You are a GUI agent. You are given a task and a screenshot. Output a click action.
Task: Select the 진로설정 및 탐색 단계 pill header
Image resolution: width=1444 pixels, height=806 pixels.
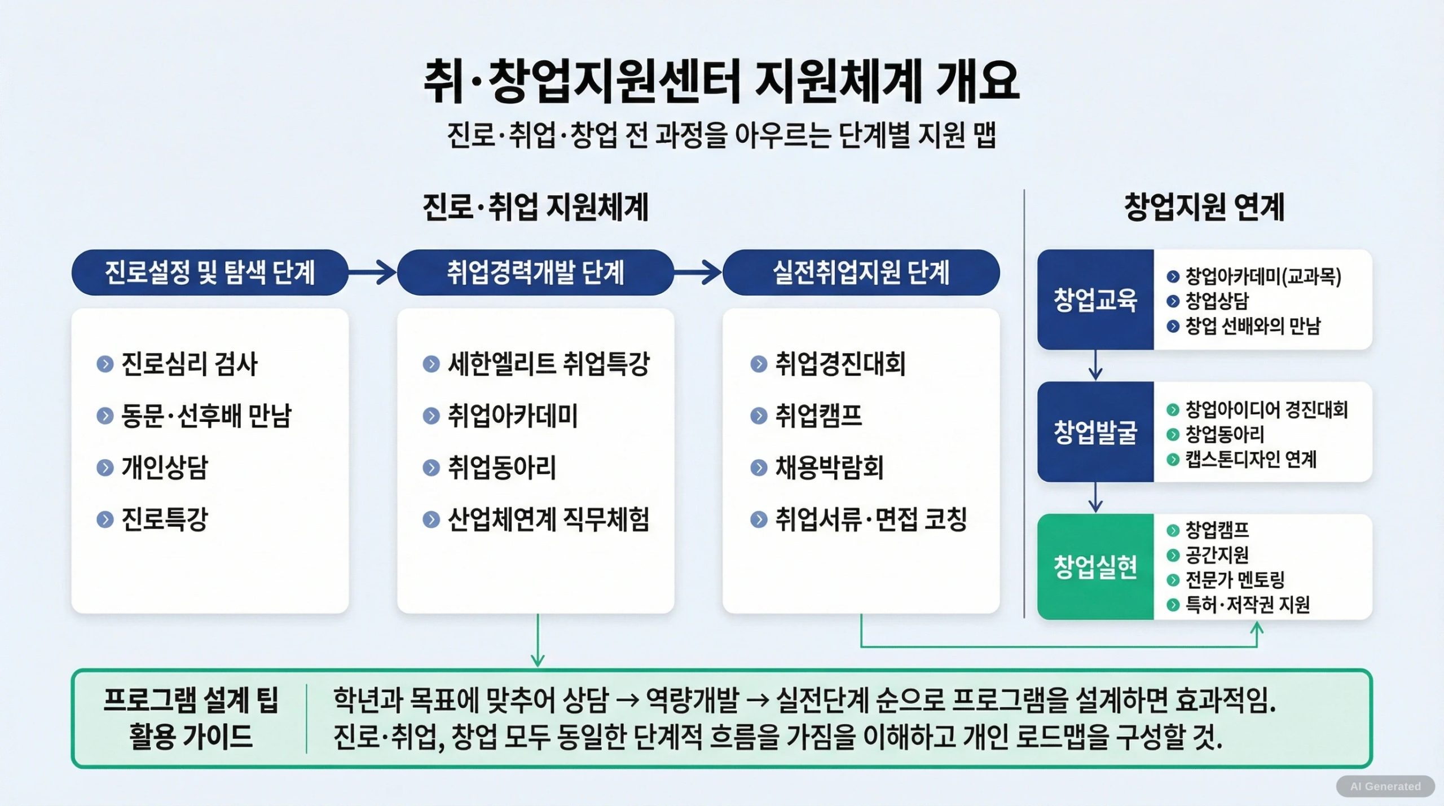click(x=210, y=272)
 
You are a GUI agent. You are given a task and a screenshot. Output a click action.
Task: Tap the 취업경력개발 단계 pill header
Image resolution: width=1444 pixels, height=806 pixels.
click(x=535, y=272)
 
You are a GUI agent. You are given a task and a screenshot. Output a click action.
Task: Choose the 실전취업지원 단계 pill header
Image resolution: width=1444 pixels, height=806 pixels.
click(x=861, y=272)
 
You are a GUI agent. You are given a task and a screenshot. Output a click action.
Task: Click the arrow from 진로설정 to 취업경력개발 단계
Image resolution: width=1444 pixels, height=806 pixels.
click(x=373, y=272)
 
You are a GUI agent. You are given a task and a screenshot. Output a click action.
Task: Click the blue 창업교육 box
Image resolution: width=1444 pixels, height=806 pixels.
click(x=1095, y=300)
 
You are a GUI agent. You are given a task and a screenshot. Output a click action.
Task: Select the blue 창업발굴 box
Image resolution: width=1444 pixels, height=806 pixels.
click(x=1095, y=432)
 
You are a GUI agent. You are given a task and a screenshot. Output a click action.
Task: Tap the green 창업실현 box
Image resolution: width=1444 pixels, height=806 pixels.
click(x=1095, y=567)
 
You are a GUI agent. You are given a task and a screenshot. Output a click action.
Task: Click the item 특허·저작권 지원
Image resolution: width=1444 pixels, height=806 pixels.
click(x=1247, y=605)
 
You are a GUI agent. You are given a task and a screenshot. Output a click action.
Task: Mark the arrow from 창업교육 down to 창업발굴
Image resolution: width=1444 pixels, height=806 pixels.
click(x=1095, y=365)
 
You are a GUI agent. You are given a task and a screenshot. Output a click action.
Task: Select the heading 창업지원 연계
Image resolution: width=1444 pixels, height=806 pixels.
click(x=1204, y=207)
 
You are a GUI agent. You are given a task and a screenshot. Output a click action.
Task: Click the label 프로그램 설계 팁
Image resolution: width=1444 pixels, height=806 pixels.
click(x=191, y=701)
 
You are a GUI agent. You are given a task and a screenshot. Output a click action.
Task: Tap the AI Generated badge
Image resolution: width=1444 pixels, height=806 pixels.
click(x=1385, y=786)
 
